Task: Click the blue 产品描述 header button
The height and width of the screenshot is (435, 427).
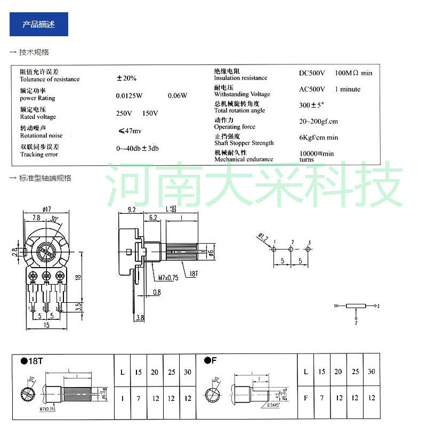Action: point(39,25)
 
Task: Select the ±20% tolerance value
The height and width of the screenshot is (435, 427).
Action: point(126,78)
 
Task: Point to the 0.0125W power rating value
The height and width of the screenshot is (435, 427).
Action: point(130,96)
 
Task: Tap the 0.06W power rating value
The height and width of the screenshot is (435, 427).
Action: point(178,96)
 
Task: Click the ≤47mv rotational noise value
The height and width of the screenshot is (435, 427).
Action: point(130,131)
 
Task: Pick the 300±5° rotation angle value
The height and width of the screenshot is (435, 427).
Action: point(312,106)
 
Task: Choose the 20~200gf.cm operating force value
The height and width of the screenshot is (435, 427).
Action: point(318,122)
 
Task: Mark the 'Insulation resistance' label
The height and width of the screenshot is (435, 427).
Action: point(240,78)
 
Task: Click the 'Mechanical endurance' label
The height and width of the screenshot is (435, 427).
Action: point(244,159)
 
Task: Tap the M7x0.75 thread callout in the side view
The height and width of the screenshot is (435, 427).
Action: point(168,278)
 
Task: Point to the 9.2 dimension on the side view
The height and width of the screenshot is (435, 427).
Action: point(132,210)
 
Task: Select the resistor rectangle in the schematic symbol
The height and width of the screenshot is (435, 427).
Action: point(356,306)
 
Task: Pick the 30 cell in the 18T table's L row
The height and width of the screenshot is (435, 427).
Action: point(187,372)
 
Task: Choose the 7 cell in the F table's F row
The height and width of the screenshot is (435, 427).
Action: point(321,398)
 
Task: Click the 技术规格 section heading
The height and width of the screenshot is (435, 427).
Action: point(34,52)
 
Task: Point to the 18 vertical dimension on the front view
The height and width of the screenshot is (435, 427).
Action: point(78,277)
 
